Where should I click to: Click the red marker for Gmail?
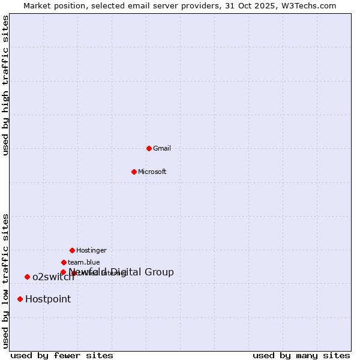tap(149, 148)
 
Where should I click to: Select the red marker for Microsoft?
tap(134, 172)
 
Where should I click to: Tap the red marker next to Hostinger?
tap(72, 250)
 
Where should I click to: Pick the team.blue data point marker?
tap(64, 262)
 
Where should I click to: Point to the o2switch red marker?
tap(27, 277)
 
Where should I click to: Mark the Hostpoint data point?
tap(20, 299)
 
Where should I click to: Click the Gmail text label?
tap(162, 148)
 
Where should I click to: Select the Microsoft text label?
tap(152, 172)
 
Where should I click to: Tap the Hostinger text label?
tap(91, 250)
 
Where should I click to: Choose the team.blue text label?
tap(84, 262)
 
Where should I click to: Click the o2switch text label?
tap(53, 277)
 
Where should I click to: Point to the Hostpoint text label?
tap(48, 299)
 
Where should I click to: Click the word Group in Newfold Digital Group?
tap(159, 272)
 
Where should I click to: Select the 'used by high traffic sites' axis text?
tap(6, 85)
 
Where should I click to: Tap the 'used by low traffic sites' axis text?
tap(6, 281)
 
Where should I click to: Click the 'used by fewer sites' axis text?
tap(62, 355)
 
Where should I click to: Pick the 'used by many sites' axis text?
tap(301, 355)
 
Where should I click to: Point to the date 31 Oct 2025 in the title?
tap(247, 5)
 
